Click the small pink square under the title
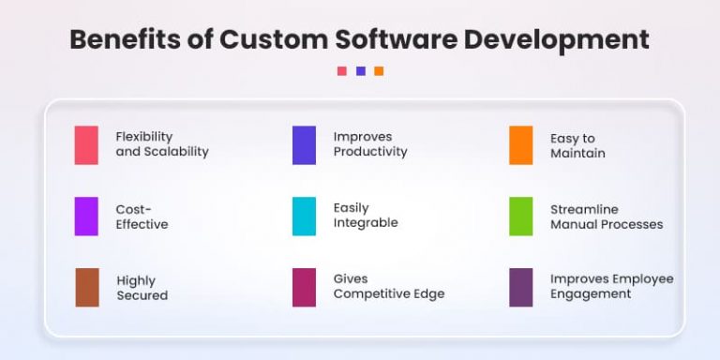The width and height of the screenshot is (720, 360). (342, 71)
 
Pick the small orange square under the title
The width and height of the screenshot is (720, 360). (379, 71)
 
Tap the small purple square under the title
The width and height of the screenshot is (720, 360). (361, 71)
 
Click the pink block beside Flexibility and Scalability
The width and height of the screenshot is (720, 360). (86, 145)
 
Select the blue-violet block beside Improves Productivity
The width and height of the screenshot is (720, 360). (304, 145)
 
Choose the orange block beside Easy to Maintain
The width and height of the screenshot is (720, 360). (521, 145)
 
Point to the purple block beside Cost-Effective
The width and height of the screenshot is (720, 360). (86, 217)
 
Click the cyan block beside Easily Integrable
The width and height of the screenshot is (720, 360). (304, 216)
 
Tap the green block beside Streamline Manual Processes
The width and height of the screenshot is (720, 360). (521, 217)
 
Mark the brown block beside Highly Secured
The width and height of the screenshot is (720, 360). (87, 288)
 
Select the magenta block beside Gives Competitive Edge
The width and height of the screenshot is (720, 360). (304, 287)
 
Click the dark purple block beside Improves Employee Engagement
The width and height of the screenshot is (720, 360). (521, 287)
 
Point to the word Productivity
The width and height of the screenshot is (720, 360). (370, 152)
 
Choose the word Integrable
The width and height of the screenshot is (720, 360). (366, 223)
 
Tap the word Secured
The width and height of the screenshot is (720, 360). (142, 295)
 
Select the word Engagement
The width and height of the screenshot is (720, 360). (591, 293)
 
